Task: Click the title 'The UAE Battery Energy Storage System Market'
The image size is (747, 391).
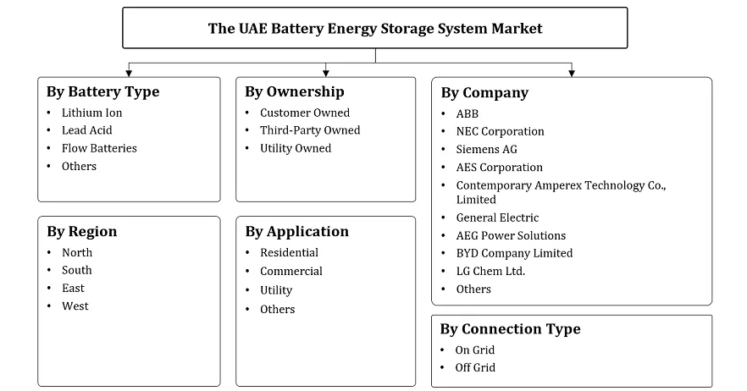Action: [375, 28]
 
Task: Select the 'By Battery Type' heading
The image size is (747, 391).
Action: [103, 92]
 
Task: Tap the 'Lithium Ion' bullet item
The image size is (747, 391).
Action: [91, 113]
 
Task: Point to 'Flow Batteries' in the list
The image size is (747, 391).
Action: [99, 148]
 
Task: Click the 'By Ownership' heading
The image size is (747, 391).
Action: [295, 92]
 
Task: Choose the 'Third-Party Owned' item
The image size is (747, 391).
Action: [310, 130]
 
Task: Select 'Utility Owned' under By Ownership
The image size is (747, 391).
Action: [296, 148]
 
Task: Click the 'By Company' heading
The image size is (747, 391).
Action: [484, 93]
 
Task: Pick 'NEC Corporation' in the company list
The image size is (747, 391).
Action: [500, 131]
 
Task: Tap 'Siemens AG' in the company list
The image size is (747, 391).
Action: [487, 149]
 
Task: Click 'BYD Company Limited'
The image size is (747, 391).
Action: [514, 253]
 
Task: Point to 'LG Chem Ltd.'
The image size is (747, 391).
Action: [490, 271]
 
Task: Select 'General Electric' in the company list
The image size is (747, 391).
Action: [497, 218]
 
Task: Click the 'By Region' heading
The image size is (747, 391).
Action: [82, 232]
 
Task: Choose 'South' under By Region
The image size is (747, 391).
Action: [77, 270]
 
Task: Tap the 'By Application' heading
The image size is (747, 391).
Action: [297, 232]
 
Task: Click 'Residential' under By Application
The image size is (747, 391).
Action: [289, 253]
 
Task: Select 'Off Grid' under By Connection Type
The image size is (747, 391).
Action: [475, 367]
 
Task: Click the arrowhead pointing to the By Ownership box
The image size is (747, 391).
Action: [326, 74]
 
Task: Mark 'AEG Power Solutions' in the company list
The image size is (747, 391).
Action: [511, 235]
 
